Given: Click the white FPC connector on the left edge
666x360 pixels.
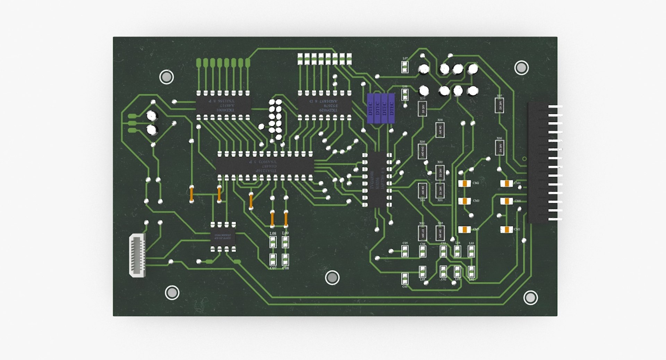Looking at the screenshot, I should tap(137, 255).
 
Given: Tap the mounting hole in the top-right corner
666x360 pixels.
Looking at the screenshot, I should tap(521, 68).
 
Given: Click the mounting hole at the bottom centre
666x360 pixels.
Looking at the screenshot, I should tap(332, 277).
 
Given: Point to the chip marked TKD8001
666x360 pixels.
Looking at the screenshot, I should tap(223, 105).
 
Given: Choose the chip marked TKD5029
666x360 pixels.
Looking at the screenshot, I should tap(325, 105).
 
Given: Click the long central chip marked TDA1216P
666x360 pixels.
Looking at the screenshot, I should tap(265, 166).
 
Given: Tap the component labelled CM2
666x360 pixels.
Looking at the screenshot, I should tap(464, 183).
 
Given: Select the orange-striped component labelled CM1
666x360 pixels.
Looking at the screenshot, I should tap(506, 229).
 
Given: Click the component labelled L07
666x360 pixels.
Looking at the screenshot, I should tap(405, 67).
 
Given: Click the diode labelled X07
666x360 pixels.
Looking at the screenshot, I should tap(499, 105).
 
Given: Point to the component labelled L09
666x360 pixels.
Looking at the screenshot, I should tap(285, 242).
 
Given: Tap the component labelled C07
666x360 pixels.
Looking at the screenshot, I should tap(273, 259).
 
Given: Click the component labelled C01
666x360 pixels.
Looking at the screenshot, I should tap(405, 278).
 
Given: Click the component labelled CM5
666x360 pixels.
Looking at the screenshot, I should tap(464, 229).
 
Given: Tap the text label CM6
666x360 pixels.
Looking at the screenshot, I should tap(518, 201).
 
